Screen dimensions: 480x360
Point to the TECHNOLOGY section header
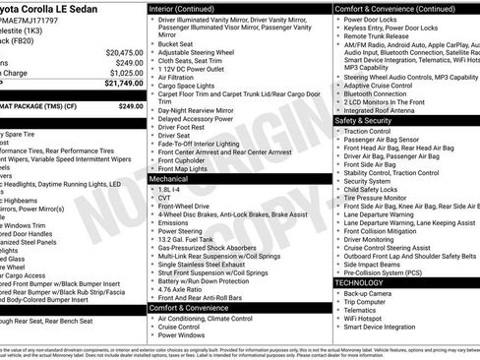360,282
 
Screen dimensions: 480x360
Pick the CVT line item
164,198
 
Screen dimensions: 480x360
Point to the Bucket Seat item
174,43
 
